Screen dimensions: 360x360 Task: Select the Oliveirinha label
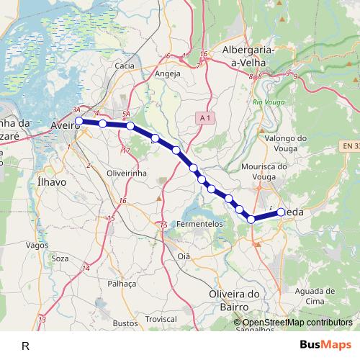coord(127,174)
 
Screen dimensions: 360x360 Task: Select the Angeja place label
coord(168,73)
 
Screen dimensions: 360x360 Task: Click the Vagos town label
coord(37,245)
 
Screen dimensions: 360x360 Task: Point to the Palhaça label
coord(122,284)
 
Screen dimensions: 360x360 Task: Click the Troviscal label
coord(161,318)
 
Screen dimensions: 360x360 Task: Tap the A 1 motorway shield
coord(206,117)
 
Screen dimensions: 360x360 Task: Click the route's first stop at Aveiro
coord(79,121)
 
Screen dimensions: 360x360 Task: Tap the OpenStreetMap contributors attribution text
coord(297,323)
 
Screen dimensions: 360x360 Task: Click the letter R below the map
coord(26,346)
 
